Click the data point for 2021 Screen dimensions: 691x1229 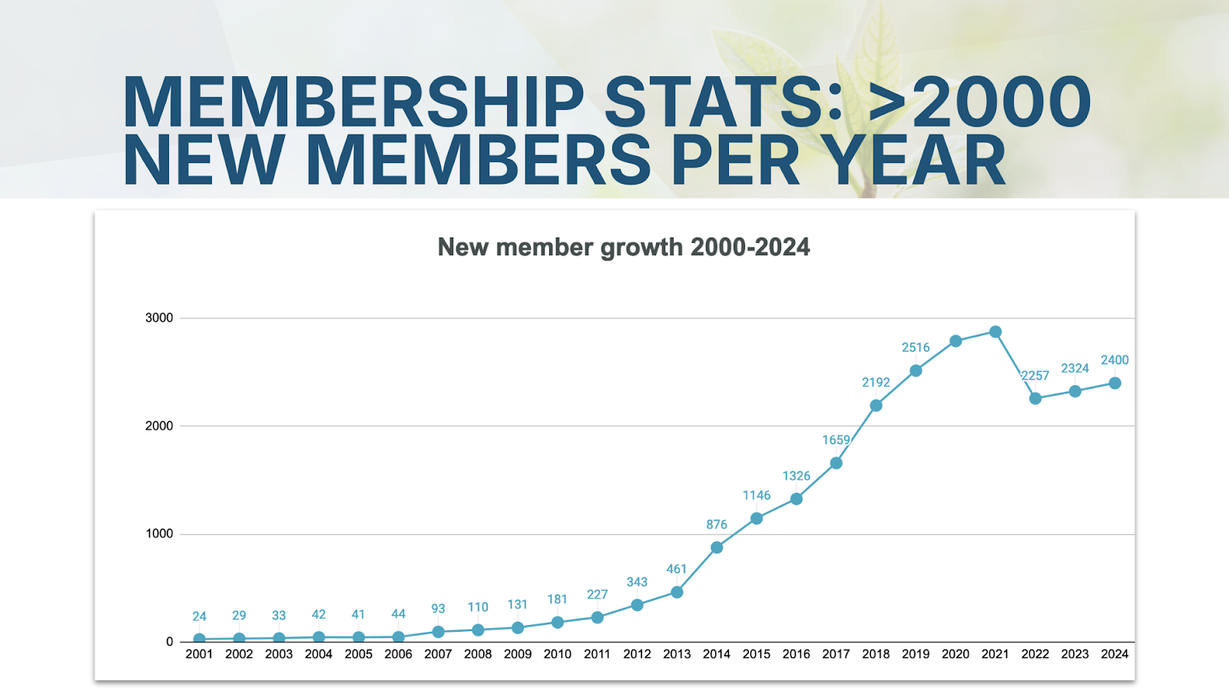[995, 332]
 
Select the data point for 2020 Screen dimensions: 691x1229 [956, 341]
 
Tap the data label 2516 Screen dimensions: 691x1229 [916, 347]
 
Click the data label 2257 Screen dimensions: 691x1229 [1035, 376]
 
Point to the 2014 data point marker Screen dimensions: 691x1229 [717, 547]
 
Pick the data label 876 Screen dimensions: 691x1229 [717, 524]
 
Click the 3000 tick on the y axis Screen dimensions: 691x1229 [159, 317]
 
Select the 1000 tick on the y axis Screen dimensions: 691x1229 [159, 533]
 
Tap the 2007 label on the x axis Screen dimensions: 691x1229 [438, 654]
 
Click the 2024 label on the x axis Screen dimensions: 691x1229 [1115, 654]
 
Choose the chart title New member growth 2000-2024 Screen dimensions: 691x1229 [623, 247]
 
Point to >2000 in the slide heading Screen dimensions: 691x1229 [979, 102]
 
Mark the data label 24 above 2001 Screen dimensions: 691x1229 [199, 616]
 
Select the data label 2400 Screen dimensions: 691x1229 [1115, 360]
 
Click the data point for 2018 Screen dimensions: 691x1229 [876, 405]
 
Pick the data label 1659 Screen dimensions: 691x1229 [836, 440]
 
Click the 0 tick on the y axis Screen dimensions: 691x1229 [170, 642]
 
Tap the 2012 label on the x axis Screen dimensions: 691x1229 [637, 654]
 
